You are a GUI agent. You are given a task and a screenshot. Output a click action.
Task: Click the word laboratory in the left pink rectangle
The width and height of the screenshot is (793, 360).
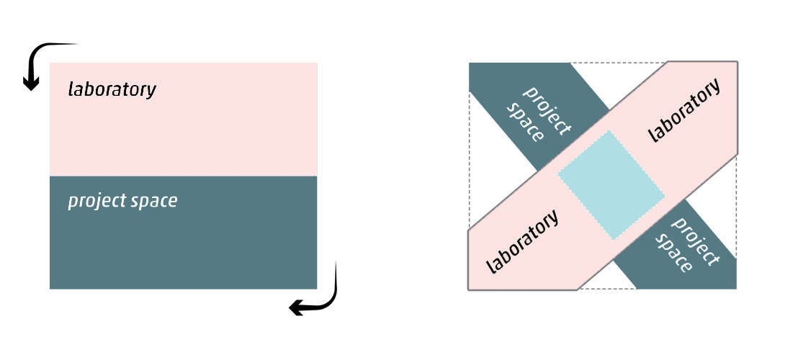112,90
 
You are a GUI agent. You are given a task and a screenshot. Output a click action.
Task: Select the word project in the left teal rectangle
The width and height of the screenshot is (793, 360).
93,201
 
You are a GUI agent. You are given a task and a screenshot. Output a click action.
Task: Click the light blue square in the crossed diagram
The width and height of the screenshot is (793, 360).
611,185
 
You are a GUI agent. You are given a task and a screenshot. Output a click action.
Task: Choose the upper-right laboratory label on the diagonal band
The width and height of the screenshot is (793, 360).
684,111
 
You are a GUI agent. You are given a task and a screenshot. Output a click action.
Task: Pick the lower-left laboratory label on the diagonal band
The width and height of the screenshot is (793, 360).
523,242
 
